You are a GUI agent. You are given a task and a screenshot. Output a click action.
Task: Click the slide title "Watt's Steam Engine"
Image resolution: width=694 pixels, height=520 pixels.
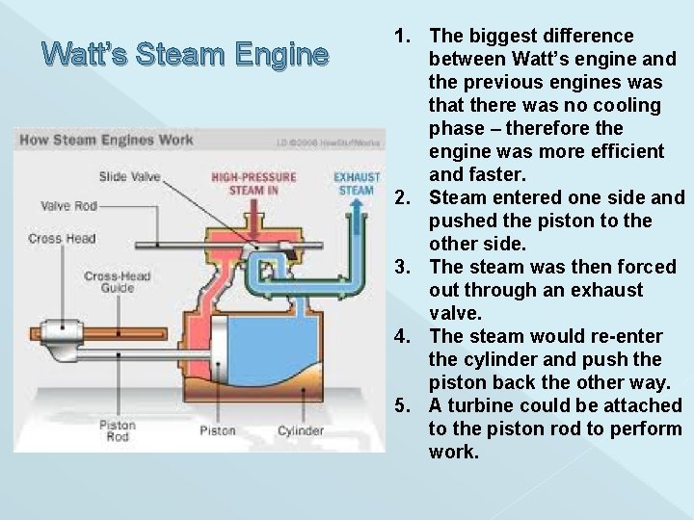pyautogui.click(x=186, y=53)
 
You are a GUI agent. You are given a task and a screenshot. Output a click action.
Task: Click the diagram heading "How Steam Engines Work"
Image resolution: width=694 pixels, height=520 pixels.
pyautogui.click(x=107, y=140)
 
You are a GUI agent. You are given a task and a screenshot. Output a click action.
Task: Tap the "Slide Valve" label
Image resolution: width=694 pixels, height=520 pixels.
pyautogui.click(x=129, y=176)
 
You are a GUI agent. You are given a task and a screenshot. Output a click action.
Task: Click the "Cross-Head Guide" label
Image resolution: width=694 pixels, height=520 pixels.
pyautogui.click(x=117, y=281)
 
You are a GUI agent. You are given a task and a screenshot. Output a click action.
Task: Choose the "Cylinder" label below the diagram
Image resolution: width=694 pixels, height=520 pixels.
pyautogui.click(x=300, y=430)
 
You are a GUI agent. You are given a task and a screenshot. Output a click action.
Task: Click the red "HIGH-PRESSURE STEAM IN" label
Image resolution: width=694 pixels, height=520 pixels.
pyautogui.click(x=254, y=183)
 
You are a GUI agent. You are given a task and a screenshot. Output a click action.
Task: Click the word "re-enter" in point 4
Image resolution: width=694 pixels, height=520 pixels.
pyautogui.click(x=627, y=337)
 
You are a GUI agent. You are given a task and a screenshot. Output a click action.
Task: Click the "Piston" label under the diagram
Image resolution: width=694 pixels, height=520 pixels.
pyautogui.click(x=218, y=430)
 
